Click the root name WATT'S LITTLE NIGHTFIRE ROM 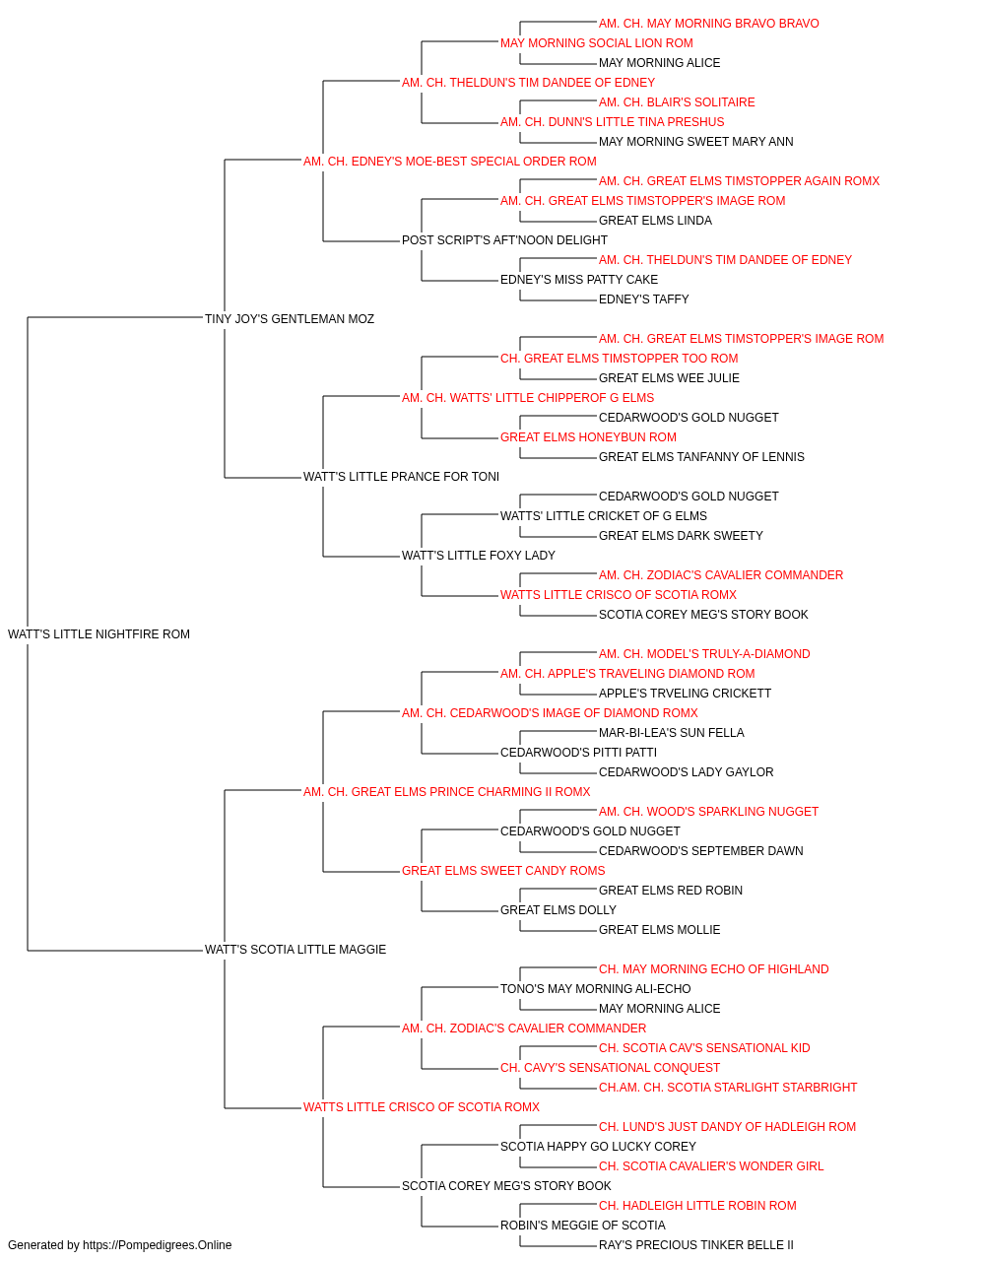pos(98,634)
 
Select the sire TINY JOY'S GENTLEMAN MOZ pos(290,319)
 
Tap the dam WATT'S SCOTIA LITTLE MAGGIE pos(295,950)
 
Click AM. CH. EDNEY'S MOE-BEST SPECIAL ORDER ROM pos(449,162)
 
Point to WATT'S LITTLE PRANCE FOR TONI pos(401,477)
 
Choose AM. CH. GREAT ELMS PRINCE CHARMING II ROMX pos(446,792)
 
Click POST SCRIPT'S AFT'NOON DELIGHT pos(504,240)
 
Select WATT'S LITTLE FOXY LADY pos(479,556)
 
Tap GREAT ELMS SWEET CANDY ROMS pos(503,871)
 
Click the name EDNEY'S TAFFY pos(644,299)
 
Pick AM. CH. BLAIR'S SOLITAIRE pos(677,102)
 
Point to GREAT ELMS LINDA pos(655,221)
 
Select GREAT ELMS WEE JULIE pos(669,378)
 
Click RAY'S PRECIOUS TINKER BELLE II pos(696,1245)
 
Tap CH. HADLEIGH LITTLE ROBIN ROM pos(697,1205)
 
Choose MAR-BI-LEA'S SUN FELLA pos(671,733)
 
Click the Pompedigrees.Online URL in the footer pos(158,1245)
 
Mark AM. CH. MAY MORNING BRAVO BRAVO pos(709,24)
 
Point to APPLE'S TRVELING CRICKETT pos(686,694)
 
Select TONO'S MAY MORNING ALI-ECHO pos(596,989)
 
